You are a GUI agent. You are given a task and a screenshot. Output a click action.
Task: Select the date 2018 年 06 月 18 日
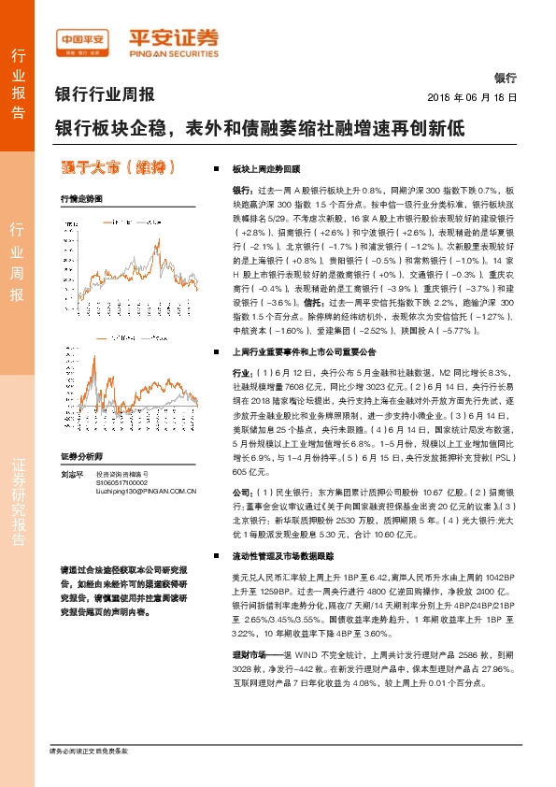472,97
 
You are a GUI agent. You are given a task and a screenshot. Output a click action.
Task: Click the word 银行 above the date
505,79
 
